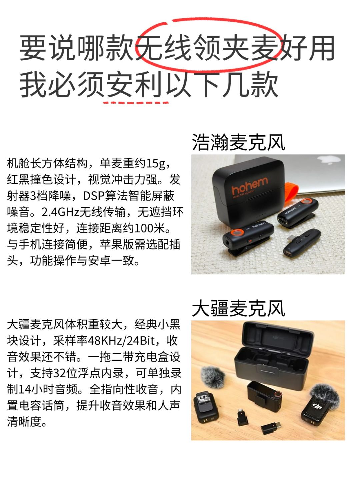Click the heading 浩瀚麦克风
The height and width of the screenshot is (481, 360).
point(238,142)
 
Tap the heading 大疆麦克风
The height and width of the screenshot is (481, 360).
point(238,308)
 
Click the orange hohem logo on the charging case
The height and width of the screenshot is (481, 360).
point(250,186)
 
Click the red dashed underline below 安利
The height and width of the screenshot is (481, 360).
point(136,102)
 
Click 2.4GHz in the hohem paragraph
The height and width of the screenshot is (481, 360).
point(60,212)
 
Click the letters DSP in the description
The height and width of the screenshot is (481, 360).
point(94,196)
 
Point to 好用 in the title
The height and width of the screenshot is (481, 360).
point(308,48)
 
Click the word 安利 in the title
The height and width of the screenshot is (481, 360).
point(134,85)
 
